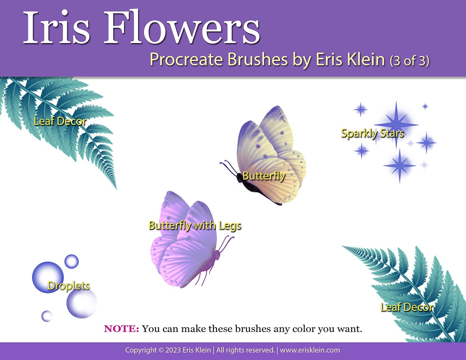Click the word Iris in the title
(56, 27)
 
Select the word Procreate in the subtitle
(186, 59)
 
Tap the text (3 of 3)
(409, 61)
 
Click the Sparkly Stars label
(373, 134)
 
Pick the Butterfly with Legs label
(195, 225)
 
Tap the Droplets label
(68, 286)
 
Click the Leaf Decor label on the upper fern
(60, 121)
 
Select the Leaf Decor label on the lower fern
(407, 307)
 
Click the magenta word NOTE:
(121, 329)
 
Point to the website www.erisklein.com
(310, 350)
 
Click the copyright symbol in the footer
(161, 350)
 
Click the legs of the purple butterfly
(204, 277)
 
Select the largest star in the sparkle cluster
(396, 125)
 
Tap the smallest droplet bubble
(47, 316)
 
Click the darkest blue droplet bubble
(48, 277)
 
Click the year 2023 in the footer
(173, 350)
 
